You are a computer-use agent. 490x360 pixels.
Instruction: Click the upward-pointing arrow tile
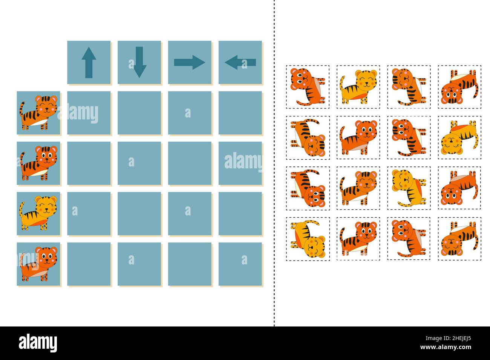(x=89, y=63)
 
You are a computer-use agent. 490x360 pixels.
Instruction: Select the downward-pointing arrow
(x=139, y=63)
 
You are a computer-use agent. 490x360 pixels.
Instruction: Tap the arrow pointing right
(x=190, y=63)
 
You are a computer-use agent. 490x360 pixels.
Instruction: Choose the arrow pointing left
(x=240, y=63)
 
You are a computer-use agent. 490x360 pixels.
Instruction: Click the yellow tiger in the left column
(x=38, y=214)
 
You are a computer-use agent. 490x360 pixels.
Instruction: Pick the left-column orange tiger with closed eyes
(x=38, y=113)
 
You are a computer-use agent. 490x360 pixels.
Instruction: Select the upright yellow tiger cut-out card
(x=358, y=87)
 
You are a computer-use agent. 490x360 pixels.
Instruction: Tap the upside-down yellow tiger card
(x=459, y=137)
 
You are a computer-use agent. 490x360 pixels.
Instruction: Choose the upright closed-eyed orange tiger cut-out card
(x=358, y=188)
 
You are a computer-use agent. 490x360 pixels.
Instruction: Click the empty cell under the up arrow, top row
(x=89, y=113)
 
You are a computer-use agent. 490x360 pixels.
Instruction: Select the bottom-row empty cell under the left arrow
(x=240, y=264)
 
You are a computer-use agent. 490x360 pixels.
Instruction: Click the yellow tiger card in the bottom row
(x=308, y=238)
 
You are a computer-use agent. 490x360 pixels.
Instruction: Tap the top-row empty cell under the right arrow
(x=190, y=113)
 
